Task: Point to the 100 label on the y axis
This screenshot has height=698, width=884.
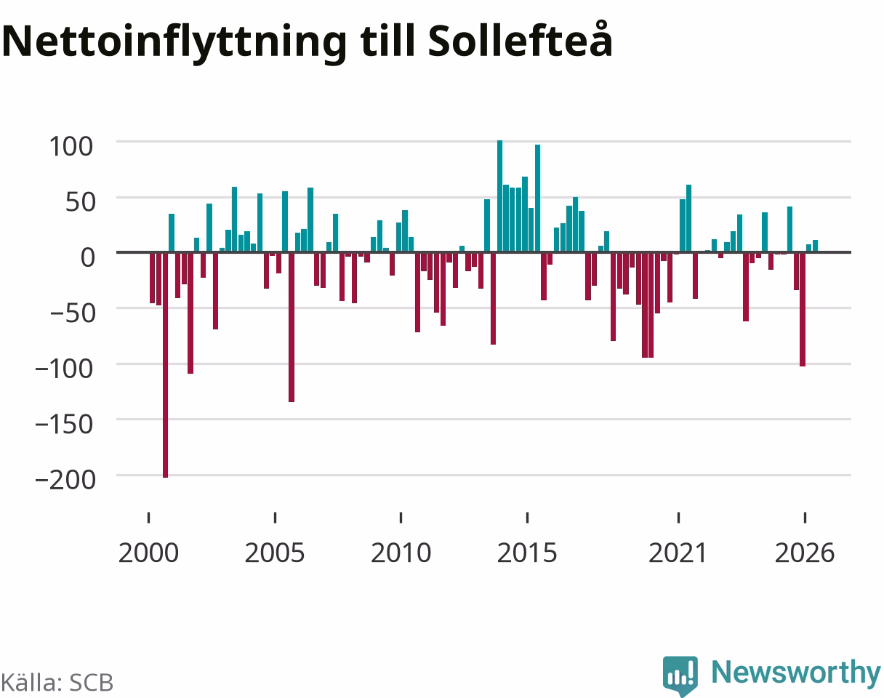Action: coord(71,146)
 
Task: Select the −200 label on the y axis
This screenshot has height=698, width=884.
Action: coord(65,480)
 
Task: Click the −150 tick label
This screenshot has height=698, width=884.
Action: coord(65,425)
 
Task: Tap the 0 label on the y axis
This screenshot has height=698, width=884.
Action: coord(87,257)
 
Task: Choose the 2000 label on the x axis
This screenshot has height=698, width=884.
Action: coord(148,553)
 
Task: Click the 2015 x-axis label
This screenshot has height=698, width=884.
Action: coord(527,553)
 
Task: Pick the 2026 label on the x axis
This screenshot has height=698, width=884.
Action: coord(805,553)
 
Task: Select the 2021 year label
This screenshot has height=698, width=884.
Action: coord(678,553)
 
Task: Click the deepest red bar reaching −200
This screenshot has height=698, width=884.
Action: coord(165,365)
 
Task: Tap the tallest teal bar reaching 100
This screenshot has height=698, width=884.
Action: coord(500,196)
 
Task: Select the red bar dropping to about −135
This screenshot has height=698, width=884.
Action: coord(292,327)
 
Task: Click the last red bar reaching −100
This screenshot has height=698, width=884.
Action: coord(803,309)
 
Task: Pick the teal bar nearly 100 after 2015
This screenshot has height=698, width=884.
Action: coord(538,198)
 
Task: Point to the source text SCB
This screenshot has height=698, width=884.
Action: coord(91,683)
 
